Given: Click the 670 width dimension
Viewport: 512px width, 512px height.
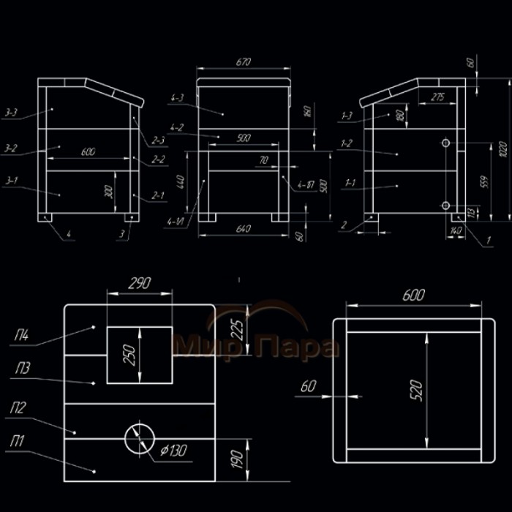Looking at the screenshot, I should click(244, 63).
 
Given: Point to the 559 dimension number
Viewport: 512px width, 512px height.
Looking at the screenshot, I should click(481, 181).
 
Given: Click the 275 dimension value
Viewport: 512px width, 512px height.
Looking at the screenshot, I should click(437, 97).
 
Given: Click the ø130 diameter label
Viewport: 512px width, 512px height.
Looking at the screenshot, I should click(174, 451).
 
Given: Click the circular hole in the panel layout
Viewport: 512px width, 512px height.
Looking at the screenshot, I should click(139, 437).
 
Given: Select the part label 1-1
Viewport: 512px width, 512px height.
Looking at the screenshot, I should click(348, 182).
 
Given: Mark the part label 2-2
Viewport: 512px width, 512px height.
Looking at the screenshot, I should click(158, 158).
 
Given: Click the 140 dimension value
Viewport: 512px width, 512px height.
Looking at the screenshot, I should click(459, 230).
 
